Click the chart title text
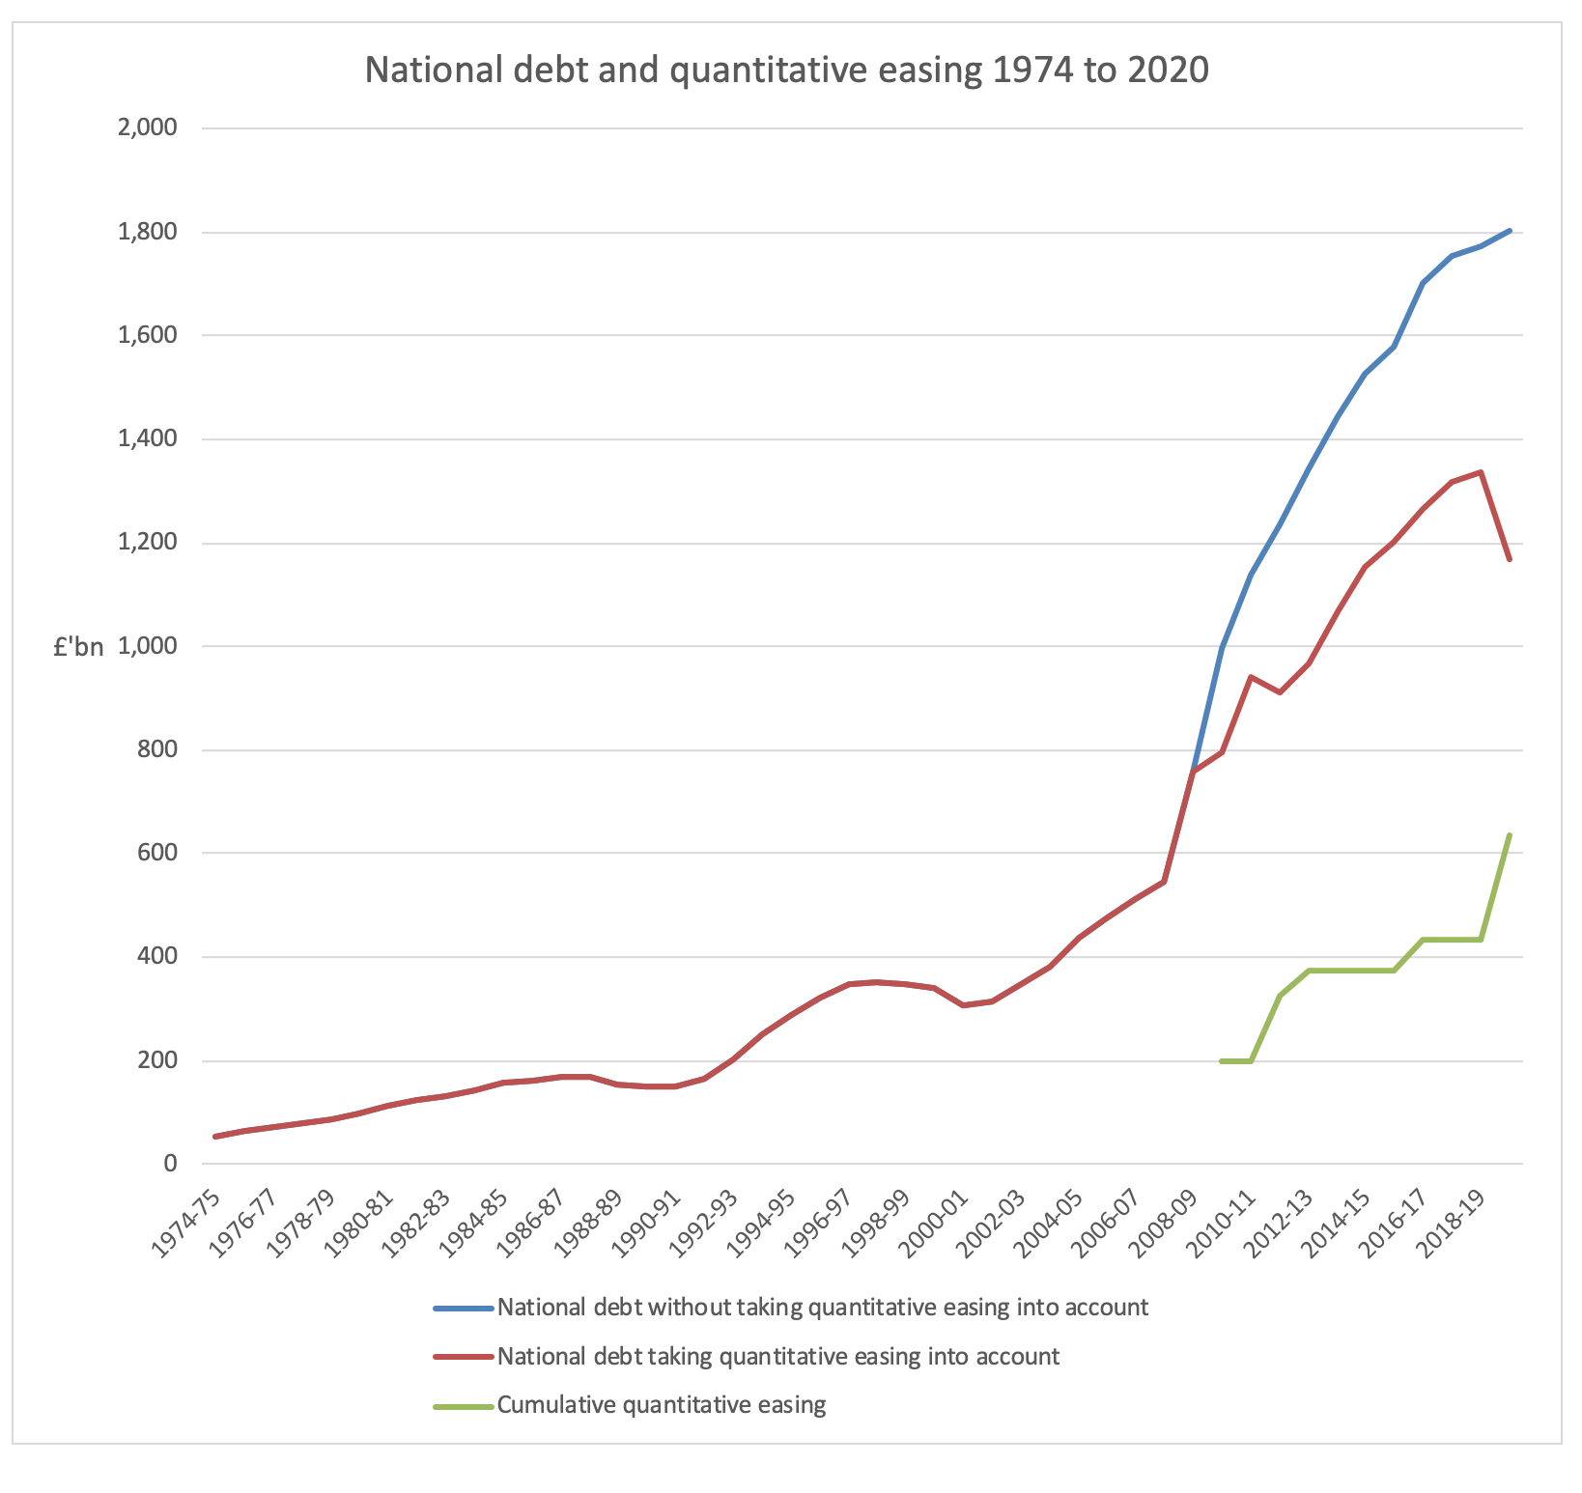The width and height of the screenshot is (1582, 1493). (786, 70)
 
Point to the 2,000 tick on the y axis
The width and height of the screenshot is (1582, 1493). (147, 127)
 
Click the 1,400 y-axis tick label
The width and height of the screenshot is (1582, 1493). (147, 439)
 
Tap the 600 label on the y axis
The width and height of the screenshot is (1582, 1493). (156, 854)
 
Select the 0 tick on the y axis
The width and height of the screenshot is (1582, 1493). (170, 1164)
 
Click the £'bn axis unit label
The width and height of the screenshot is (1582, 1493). (78, 648)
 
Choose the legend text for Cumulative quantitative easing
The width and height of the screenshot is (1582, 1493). (662, 1404)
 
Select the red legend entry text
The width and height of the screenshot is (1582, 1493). (777, 1356)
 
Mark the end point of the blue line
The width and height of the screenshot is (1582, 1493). (1510, 230)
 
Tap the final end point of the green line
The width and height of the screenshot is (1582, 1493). (1510, 835)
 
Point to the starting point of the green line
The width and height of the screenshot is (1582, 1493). (1222, 1061)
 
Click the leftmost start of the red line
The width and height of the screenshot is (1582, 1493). (214, 1137)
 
